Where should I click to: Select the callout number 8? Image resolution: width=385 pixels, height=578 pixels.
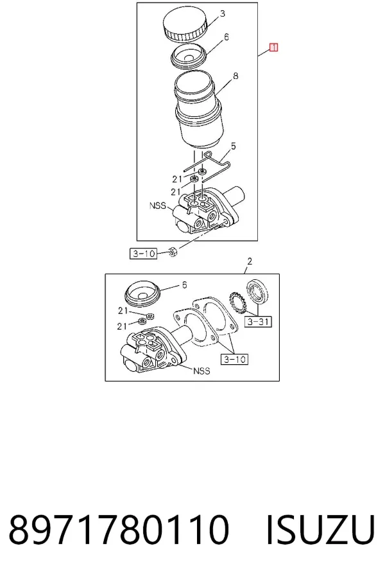tap(235, 76)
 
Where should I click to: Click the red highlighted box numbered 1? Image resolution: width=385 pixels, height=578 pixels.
tap(273, 48)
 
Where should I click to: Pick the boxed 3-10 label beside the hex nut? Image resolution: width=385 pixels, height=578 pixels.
tap(143, 254)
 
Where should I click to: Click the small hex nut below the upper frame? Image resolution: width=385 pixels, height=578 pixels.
tap(173, 252)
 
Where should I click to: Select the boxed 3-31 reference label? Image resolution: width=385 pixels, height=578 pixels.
tap(258, 322)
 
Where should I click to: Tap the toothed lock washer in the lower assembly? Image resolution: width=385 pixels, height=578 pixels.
tap(237, 302)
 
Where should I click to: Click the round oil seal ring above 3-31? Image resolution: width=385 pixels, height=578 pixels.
tap(257, 292)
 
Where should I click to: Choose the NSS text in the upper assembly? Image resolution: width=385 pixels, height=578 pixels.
tap(158, 206)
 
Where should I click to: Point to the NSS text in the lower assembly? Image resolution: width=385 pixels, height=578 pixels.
tap(201, 371)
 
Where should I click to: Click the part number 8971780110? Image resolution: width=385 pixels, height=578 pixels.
tap(119, 529)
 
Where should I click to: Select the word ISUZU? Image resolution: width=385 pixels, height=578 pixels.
tap(321, 529)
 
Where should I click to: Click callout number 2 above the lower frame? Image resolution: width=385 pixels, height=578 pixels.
tap(250, 261)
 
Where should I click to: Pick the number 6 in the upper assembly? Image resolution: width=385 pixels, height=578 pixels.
tap(227, 37)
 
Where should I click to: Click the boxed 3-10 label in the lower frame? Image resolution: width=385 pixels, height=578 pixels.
tap(234, 359)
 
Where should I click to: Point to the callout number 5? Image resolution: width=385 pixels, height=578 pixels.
tap(234, 146)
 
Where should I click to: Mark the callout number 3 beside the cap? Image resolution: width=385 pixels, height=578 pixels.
tap(223, 14)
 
